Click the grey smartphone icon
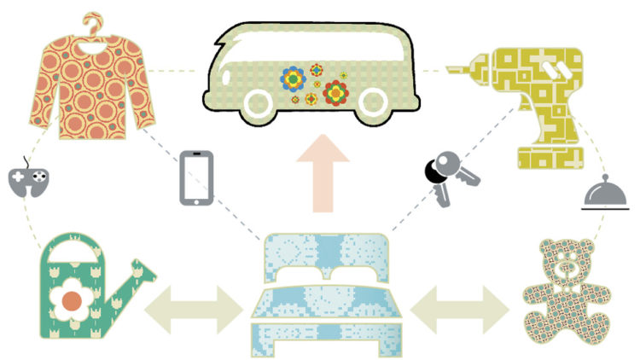(195, 177)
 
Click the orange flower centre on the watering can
(73, 301)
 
